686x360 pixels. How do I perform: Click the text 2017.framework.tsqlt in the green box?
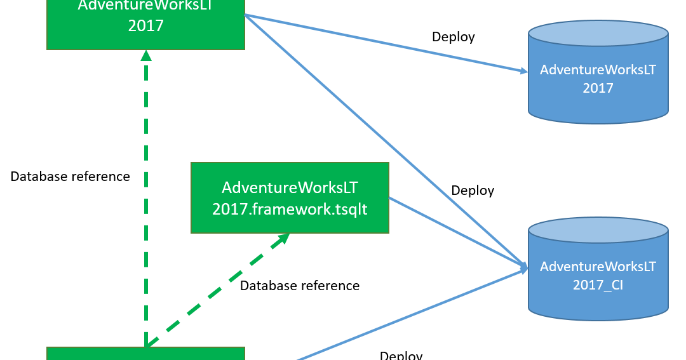[290, 209]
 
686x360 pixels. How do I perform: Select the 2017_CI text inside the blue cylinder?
[598, 284]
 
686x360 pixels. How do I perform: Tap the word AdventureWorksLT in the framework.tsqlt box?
[290, 187]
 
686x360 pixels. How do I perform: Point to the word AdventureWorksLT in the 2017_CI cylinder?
[598, 266]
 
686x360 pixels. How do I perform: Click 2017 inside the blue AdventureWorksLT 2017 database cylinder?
[598, 88]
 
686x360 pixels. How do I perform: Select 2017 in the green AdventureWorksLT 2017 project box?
[145, 26]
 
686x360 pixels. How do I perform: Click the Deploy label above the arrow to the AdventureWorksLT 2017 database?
[453, 37]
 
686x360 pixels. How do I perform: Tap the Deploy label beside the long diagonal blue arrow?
[472, 190]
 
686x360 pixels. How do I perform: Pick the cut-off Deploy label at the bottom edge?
[401, 355]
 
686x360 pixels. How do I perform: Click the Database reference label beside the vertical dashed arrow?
[70, 177]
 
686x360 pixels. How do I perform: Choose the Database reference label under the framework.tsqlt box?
[299, 286]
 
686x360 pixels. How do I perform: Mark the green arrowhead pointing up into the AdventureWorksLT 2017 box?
[146, 55]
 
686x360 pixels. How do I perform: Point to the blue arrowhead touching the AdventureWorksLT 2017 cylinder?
[522, 70]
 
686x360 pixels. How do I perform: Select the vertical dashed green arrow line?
[146, 203]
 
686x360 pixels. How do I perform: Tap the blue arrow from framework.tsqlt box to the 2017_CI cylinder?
[457, 232]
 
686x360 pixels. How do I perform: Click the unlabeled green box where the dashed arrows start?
[145, 354]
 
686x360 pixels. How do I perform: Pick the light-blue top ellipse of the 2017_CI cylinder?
[598, 230]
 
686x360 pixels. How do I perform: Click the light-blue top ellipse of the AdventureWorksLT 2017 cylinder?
[598, 34]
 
